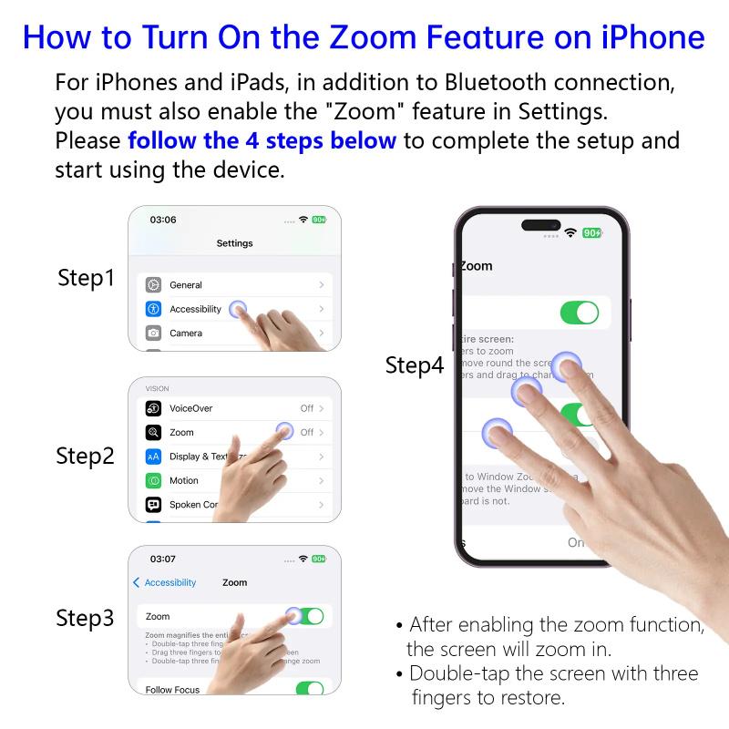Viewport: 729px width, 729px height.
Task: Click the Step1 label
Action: (x=86, y=278)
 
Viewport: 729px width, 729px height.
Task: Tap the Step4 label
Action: (x=415, y=365)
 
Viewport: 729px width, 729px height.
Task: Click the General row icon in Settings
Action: (x=153, y=285)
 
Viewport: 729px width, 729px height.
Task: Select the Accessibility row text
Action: (x=195, y=309)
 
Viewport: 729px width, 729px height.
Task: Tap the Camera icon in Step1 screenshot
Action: (x=153, y=333)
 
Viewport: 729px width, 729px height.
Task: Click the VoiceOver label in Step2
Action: (x=190, y=408)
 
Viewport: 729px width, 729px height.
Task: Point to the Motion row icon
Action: (x=153, y=480)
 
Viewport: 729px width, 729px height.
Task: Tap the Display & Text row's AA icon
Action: (x=153, y=457)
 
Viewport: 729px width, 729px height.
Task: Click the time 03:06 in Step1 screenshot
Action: (x=163, y=220)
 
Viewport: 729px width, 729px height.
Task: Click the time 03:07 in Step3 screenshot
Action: (x=163, y=559)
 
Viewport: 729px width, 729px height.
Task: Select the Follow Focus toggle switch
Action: (x=310, y=688)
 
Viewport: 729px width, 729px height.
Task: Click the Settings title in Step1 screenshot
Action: (x=234, y=243)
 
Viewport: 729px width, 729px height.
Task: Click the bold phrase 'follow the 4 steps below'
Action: (x=262, y=141)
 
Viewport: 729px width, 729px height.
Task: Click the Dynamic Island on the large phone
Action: (x=540, y=226)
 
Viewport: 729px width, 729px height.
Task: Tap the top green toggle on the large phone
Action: (x=580, y=313)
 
